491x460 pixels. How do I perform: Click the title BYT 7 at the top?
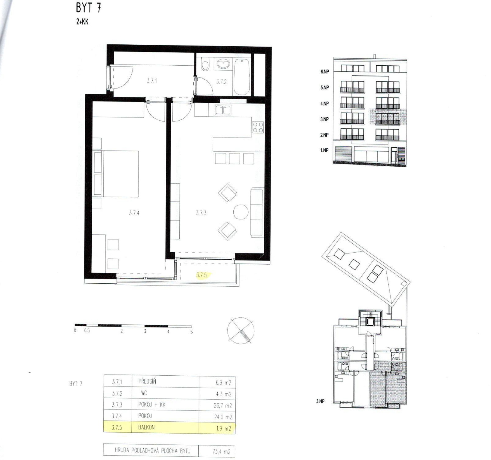point(88,8)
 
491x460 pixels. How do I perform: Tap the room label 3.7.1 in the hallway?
point(152,81)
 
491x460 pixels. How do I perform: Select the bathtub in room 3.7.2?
point(242,77)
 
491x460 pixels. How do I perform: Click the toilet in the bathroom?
point(205,65)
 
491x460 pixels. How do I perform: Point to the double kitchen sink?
point(223,110)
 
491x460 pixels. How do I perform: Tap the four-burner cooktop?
point(258,127)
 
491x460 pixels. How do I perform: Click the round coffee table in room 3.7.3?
point(241,212)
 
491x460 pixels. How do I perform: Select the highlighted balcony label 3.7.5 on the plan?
point(201,275)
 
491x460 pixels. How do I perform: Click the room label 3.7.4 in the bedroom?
point(134,213)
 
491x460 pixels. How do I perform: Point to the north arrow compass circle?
point(241,330)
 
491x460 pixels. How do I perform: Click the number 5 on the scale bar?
point(191,332)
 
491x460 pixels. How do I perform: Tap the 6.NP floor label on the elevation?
point(324,71)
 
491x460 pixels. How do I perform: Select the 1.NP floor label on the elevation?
point(324,150)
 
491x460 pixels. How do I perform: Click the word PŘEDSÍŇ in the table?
point(147,381)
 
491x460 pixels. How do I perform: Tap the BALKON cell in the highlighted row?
point(146,427)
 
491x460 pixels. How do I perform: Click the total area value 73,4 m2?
point(221,451)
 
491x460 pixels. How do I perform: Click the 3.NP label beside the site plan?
point(320,401)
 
